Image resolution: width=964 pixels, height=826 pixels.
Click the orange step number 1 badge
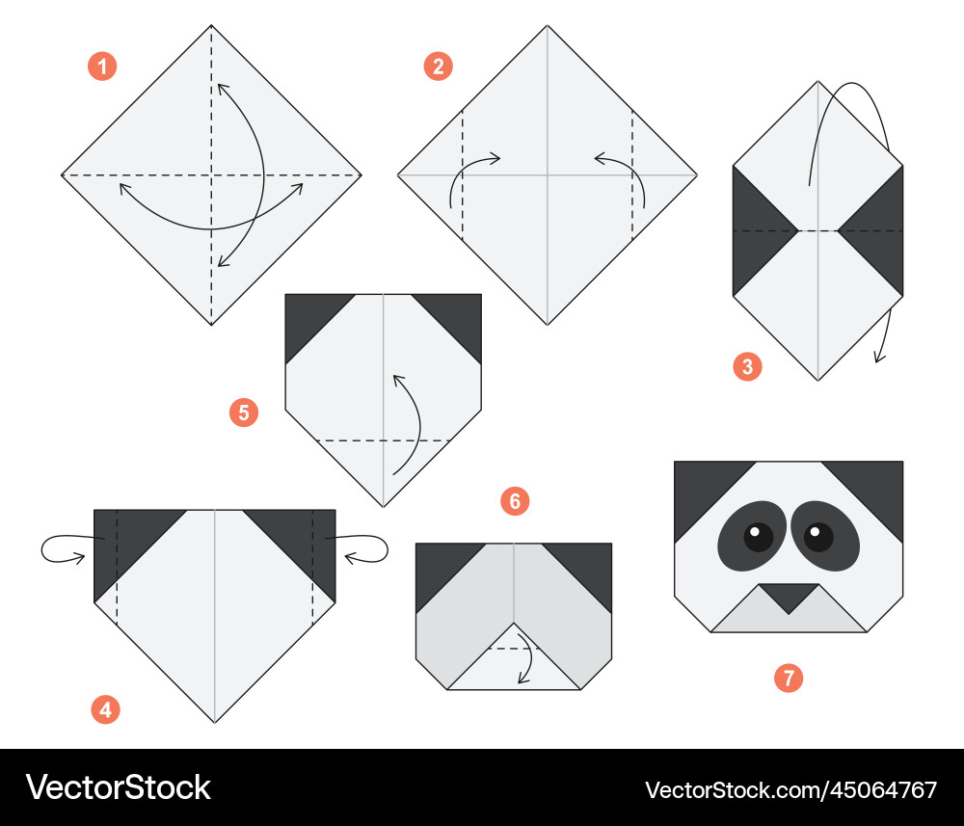(x=103, y=67)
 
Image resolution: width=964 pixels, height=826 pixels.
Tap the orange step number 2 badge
(x=439, y=67)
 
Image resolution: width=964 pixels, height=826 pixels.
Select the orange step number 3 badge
(x=748, y=366)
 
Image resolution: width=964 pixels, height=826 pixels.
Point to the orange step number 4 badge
(x=106, y=709)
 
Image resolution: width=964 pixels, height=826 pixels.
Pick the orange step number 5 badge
(x=244, y=413)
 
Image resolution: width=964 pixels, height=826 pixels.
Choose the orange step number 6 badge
(x=515, y=501)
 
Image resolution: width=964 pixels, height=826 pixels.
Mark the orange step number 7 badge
(x=789, y=678)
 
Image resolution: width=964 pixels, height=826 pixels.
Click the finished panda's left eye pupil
(x=759, y=537)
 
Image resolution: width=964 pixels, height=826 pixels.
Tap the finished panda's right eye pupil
(x=818, y=537)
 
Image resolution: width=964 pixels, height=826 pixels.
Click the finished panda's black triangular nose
(x=789, y=595)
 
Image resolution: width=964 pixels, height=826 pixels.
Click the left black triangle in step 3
(x=755, y=231)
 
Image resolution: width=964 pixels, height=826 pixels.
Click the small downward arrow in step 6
(x=528, y=654)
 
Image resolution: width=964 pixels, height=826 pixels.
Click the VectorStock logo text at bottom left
(x=118, y=787)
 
